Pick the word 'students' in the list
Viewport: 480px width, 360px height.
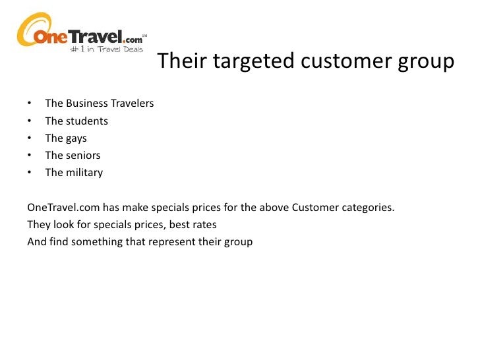tap(86, 121)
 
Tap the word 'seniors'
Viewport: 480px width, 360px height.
tap(83, 156)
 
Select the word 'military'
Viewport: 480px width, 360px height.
tap(84, 173)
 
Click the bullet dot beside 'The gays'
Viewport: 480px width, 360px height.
tap(30, 138)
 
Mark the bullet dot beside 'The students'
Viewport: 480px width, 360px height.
tap(30, 121)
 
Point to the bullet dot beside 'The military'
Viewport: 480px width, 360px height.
tap(30, 173)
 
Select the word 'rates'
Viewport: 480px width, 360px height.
tap(203, 225)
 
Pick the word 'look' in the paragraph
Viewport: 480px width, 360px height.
tap(63, 225)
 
